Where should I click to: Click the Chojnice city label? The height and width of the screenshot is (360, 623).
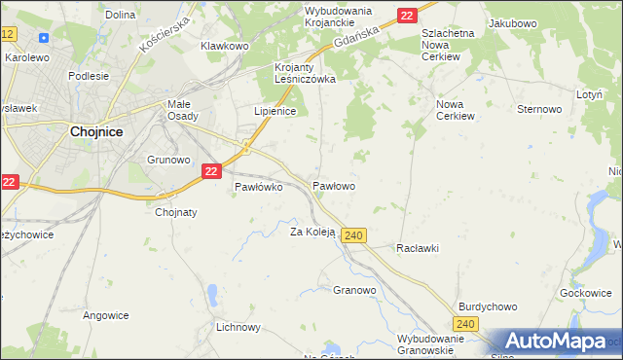coord(95,133)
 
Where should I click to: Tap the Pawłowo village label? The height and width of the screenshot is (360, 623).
coord(333,185)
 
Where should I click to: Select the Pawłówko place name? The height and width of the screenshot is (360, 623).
coord(259,188)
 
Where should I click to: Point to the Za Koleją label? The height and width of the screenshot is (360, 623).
coord(312,232)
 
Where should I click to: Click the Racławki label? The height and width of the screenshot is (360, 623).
coord(418,248)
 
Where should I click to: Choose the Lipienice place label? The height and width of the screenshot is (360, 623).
coord(275,112)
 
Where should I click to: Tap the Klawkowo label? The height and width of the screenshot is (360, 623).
coord(225,46)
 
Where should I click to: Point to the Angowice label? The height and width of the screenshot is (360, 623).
coord(106,314)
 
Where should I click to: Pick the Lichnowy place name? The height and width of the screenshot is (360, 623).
coord(238,327)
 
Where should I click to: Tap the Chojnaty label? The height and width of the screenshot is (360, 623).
coord(176,212)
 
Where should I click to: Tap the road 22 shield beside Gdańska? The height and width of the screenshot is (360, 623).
coord(407,15)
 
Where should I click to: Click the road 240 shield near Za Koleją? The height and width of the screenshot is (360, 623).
coord(354,235)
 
